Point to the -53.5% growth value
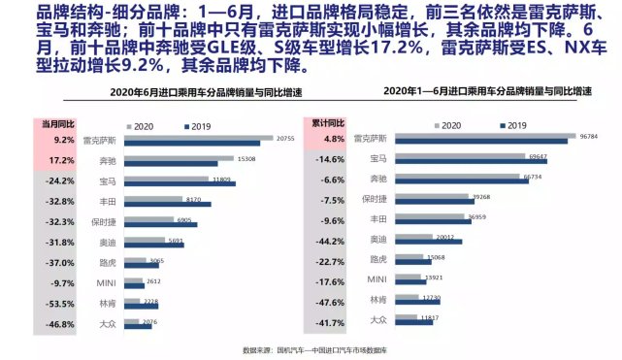coord(60,303)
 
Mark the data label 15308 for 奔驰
coord(246,158)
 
